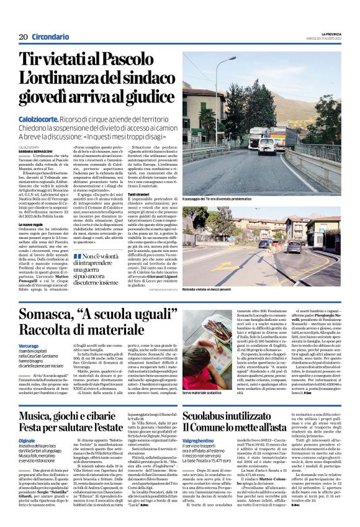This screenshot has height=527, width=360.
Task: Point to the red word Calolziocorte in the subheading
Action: [43, 117]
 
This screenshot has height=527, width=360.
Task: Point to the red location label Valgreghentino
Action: [202, 439]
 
